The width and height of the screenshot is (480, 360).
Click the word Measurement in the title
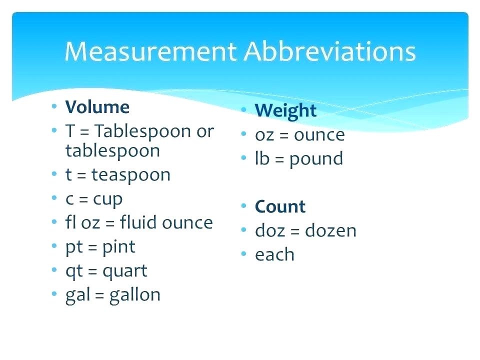(149, 51)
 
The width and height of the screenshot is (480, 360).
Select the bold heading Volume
(97, 107)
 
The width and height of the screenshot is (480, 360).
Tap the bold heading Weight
(285, 110)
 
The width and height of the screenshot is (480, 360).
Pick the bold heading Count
(280, 206)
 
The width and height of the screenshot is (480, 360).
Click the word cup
(107, 199)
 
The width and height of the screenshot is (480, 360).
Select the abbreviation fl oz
(83, 222)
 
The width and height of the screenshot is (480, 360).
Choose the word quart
(125, 271)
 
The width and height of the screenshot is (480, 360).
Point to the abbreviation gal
(77, 295)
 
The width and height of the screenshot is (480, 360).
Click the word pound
(316, 159)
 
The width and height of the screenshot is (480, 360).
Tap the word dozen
(330, 230)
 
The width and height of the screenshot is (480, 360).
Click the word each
(274, 254)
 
